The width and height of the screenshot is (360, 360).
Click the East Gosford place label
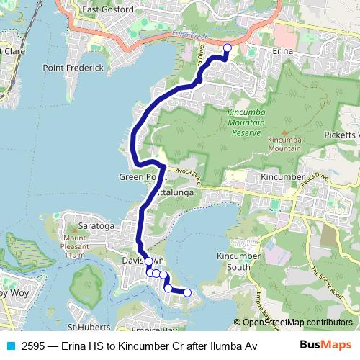pyautogui.click(x=108, y=9)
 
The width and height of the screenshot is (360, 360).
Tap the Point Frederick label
pyautogui.click(x=73, y=68)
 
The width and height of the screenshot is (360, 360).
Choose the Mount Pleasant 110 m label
pyautogui.click(x=74, y=247)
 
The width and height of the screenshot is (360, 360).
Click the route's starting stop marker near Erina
pyautogui.click(x=228, y=48)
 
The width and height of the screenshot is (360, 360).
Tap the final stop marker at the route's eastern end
pyautogui.click(x=187, y=292)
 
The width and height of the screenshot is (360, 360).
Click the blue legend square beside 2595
pyautogui.click(x=10, y=345)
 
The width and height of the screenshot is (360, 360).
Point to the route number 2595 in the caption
pyautogui.click(x=34, y=345)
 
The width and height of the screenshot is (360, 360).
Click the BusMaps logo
pyautogui.click(x=325, y=344)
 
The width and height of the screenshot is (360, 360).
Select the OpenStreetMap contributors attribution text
pyautogui.click(x=297, y=323)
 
